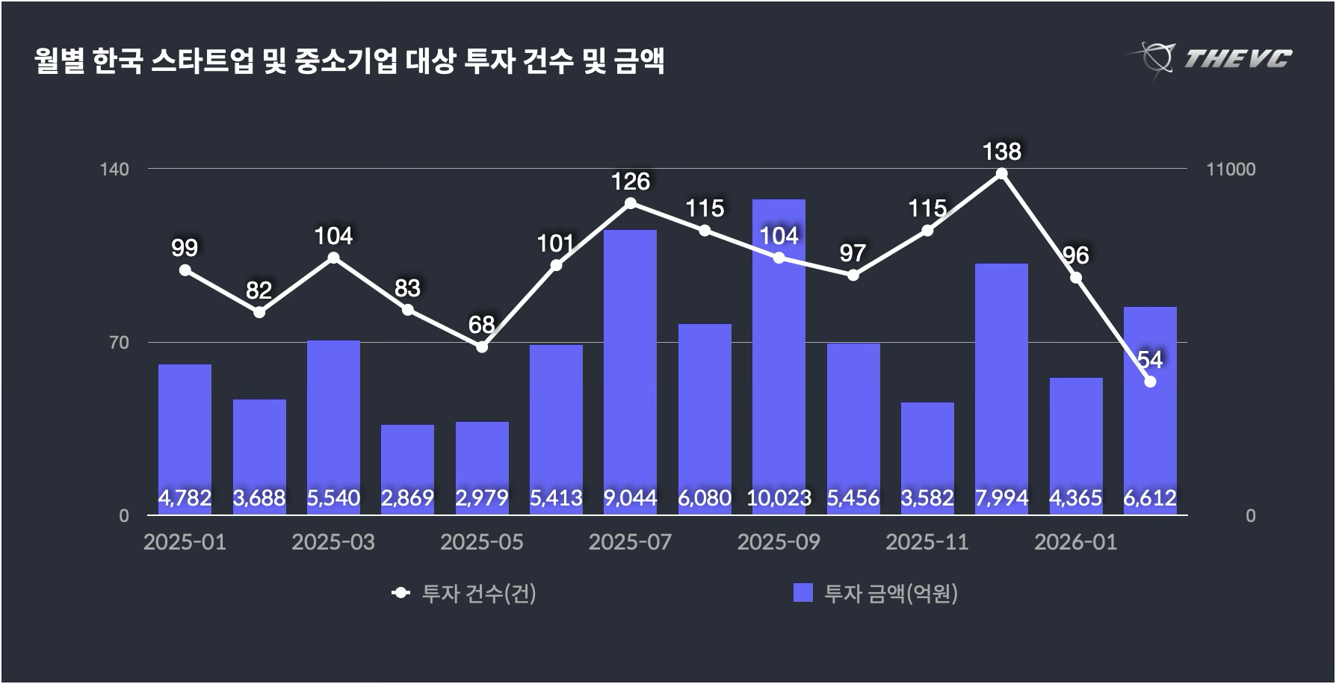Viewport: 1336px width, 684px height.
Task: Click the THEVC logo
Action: tap(1211, 58)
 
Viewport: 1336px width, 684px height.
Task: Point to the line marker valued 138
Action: tap(1001, 174)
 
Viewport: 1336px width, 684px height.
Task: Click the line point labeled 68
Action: tap(482, 346)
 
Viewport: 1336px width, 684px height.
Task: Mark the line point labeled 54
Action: tap(1150, 382)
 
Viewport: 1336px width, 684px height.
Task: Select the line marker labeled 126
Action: tap(630, 203)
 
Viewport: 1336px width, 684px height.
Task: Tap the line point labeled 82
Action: tap(259, 312)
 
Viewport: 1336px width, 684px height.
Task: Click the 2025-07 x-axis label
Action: tap(630, 542)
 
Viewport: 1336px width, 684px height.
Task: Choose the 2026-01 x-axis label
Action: tap(1075, 542)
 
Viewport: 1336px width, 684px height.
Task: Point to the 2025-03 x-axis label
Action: tap(333, 542)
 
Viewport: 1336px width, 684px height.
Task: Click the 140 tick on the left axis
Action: tap(114, 170)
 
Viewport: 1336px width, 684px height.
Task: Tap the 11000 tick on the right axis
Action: tap(1231, 170)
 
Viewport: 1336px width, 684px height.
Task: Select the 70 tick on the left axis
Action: tap(120, 343)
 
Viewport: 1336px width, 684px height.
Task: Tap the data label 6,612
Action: tap(1150, 498)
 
